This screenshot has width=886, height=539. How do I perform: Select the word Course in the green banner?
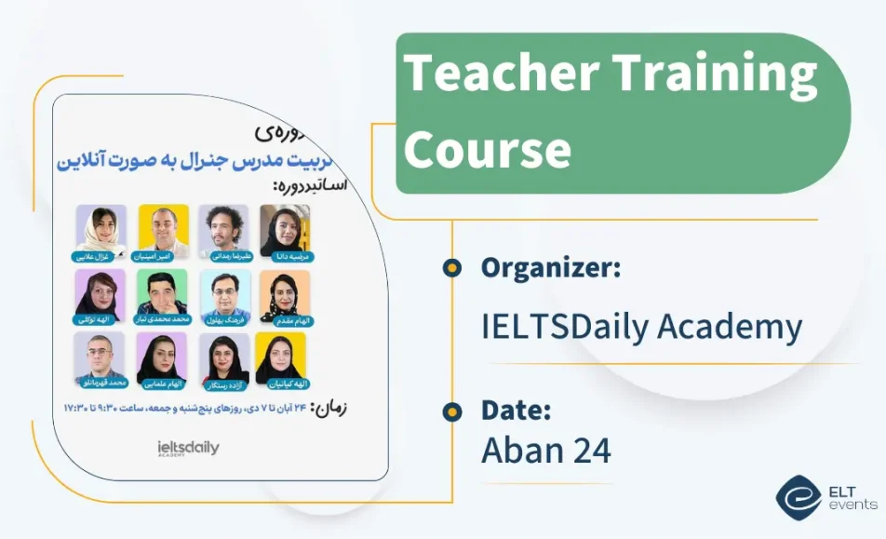(x=487, y=149)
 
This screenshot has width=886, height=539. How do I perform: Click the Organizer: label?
(x=550, y=268)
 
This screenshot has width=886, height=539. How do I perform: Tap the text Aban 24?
(x=545, y=451)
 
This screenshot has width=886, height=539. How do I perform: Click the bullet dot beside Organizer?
(x=452, y=268)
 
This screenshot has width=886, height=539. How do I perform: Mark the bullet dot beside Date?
(x=452, y=411)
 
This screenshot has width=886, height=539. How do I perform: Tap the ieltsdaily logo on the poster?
(x=189, y=449)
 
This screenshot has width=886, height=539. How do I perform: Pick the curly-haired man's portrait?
(x=223, y=228)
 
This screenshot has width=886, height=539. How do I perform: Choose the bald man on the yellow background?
(x=164, y=228)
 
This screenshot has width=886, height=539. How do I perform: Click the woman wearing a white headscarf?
(x=101, y=228)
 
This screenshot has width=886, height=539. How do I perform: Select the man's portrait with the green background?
(x=162, y=293)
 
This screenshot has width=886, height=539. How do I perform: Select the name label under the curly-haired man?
(x=223, y=255)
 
